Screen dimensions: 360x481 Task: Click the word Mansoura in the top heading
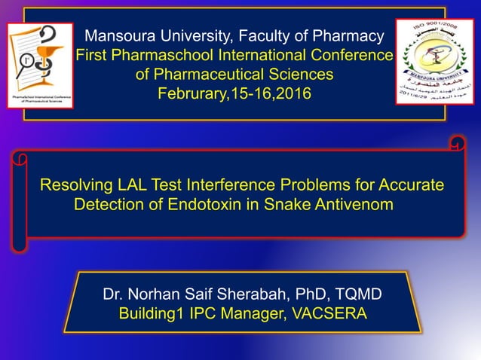click(x=118, y=35)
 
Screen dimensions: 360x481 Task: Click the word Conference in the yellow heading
click(x=354, y=55)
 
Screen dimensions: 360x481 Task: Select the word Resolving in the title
click(x=75, y=185)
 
